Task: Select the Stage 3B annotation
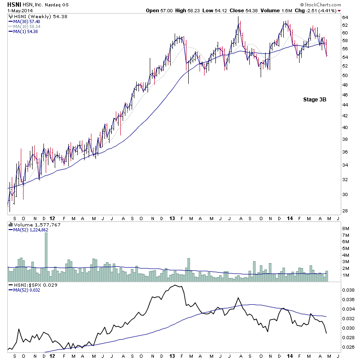pos(314,100)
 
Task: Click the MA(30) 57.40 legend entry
pos(27,21)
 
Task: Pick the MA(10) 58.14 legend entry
pos(27,26)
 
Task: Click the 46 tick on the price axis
pos(344,95)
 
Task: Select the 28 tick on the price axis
pos(344,211)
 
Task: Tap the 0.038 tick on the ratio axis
pos(348,290)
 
